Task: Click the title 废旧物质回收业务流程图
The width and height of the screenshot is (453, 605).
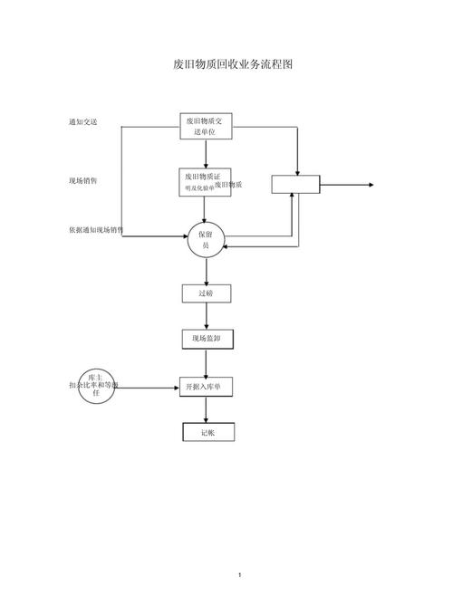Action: (233, 65)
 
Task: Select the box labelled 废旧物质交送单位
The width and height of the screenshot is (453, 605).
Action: (206, 126)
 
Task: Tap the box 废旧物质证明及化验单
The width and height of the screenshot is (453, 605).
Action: (206, 182)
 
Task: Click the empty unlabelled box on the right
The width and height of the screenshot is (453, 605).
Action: (296, 184)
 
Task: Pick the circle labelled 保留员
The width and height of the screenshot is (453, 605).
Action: (206, 240)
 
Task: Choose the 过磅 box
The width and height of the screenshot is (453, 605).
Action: (206, 293)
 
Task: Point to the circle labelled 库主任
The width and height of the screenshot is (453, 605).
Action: (96, 386)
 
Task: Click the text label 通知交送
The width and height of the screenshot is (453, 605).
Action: (82, 122)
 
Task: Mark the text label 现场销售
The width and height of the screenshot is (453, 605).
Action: (82, 181)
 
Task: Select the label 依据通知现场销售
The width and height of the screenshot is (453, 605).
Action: (95, 230)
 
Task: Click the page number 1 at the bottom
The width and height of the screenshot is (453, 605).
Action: (238, 575)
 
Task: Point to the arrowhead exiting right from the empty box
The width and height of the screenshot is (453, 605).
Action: (369, 185)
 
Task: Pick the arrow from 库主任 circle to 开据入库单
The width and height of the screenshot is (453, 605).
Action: (147, 387)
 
